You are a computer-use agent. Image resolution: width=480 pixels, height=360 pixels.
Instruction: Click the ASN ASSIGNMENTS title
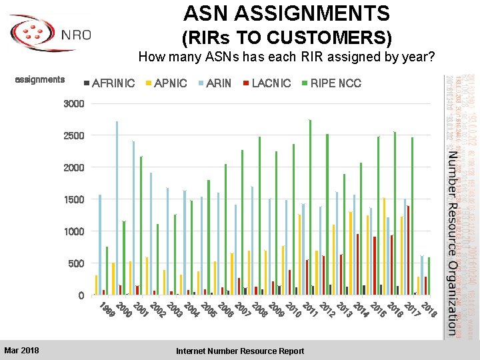pos(287,13)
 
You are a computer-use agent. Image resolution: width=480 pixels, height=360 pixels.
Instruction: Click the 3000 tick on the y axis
pos(73,104)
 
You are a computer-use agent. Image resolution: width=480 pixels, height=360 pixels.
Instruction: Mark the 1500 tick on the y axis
pos(73,200)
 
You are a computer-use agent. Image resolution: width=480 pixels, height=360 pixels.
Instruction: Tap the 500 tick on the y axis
pos(76,264)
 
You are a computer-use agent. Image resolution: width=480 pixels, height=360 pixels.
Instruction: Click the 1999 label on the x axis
pos(105,310)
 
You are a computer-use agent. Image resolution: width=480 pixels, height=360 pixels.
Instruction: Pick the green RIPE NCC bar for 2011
pos(310,207)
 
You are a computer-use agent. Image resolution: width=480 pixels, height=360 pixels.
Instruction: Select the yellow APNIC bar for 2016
pos(384,246)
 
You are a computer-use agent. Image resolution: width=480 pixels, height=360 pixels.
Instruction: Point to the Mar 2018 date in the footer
pos(21,351)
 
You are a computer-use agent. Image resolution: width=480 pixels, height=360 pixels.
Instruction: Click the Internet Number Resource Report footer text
pos(240,351)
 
